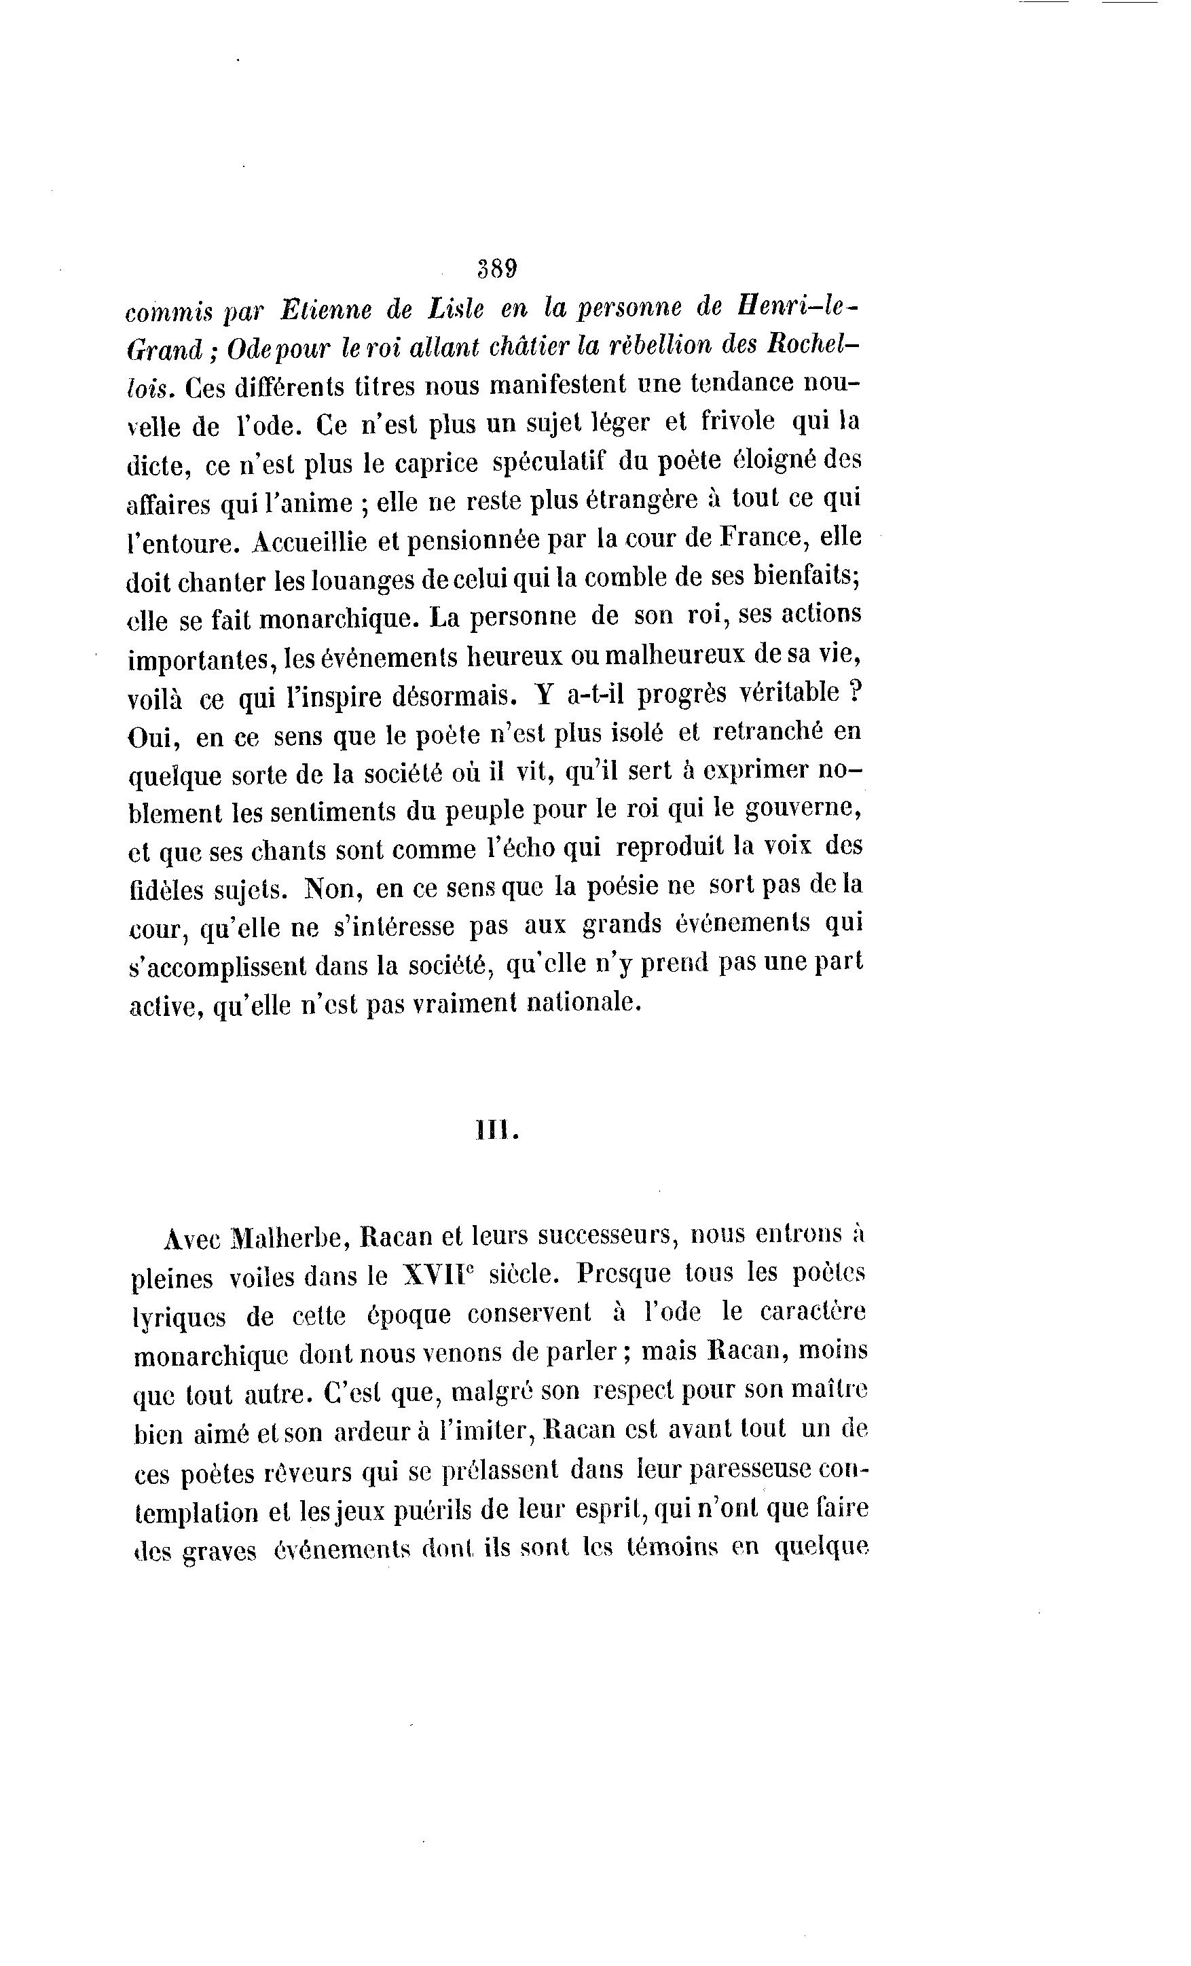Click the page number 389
click(497, 268)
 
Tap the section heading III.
click(497, 1131)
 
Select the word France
click(764, 536)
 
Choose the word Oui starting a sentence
click(149, 735)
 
